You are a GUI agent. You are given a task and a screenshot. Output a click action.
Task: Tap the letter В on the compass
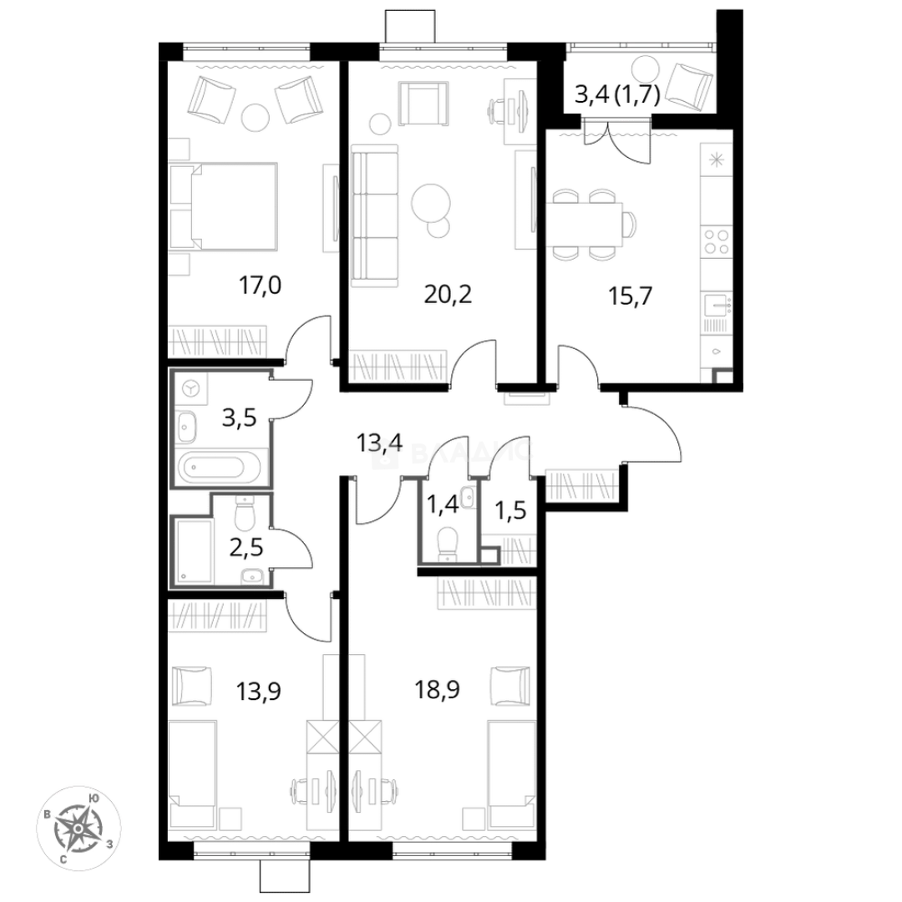coord(48,813)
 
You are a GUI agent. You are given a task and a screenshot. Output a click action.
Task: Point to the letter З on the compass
coord(109,844)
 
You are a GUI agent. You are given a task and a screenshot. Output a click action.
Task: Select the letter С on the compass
coord(63,858)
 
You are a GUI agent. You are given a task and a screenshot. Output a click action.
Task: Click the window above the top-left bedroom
coord(246,51)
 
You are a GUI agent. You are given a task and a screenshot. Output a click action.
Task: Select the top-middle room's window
coord(443,51)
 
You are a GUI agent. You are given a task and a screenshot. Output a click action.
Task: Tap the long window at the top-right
coord(641,46)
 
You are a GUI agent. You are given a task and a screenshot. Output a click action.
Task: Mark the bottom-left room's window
coord(252,849)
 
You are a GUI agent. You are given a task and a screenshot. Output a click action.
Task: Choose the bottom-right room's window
coord(451,849)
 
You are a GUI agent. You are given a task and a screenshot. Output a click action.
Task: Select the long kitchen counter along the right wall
coord(715,259)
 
